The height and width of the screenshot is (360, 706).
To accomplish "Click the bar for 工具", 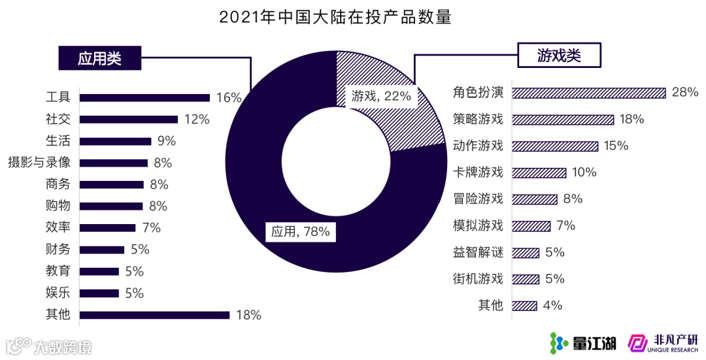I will point(144,98).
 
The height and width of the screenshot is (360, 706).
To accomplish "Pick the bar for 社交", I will point(128,120).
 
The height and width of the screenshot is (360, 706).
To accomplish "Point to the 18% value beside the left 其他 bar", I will point(248,315).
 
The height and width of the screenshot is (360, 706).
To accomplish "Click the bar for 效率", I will point(107,228).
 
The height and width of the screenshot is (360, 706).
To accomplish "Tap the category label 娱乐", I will point(58,293).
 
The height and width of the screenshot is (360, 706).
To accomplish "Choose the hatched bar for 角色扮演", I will point(588,93).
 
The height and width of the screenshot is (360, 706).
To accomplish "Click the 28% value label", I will point(685,92).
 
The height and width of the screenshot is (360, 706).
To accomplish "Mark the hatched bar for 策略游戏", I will point(563,120).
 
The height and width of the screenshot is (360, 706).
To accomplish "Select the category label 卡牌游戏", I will point(478,172).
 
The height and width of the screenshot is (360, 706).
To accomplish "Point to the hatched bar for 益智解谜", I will point(526,253).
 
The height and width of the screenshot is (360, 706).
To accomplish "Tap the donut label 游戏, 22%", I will point(381,96).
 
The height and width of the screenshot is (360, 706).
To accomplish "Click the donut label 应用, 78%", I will point(300,231).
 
